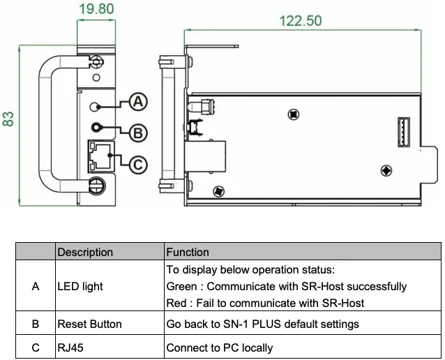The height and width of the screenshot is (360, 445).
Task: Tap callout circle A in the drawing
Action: tap(139, 102)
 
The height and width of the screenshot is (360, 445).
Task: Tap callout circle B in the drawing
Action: tap(139, 132)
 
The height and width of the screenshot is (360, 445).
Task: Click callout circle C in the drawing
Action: tap(139, 164)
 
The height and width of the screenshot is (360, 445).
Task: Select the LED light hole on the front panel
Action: tap(98, 107)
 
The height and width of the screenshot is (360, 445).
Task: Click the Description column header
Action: tap(84, 252)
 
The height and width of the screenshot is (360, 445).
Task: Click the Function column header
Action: tap(187, 252)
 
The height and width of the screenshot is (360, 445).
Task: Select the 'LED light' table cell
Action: tap(80, 286)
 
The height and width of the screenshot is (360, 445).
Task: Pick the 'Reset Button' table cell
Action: tap(89, 324)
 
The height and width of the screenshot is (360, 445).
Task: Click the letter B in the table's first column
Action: tap(36, 324)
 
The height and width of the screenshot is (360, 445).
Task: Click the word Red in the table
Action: tap(177, 303)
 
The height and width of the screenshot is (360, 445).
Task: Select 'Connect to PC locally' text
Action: tap(219, 347)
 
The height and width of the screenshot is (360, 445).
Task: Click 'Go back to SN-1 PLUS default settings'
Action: tap(262, 324)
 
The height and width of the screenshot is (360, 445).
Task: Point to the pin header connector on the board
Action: tap(403, 130)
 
